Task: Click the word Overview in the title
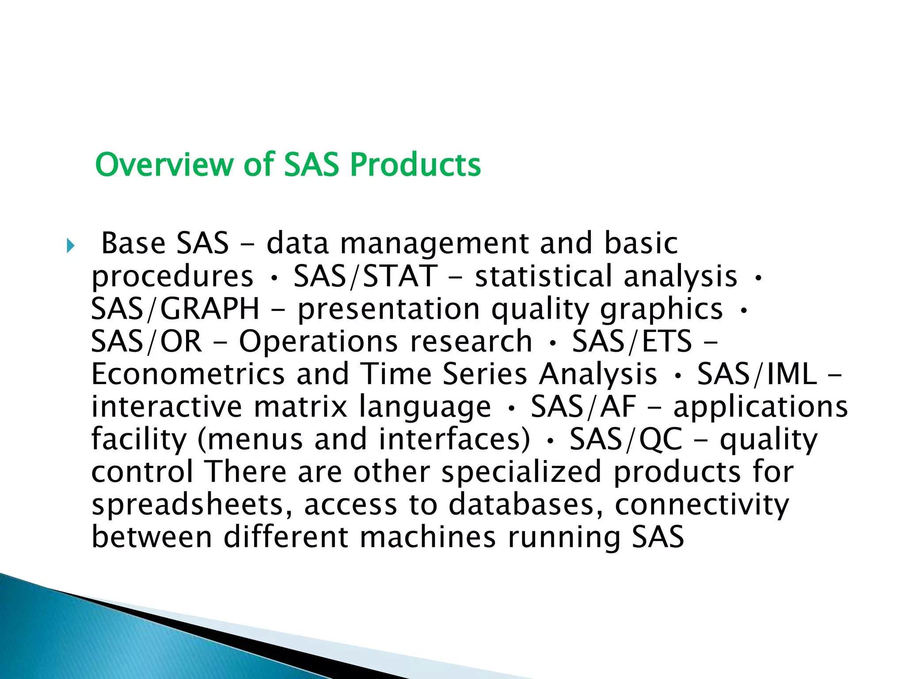pos(164,164)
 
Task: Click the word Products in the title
pos(415,164)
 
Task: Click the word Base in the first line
pos(133,243)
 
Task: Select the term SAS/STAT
pos(365,276)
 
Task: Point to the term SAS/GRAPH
pos(175,309)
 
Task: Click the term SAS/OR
pos(146,341)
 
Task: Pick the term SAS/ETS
pos(632,341)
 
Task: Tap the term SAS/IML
pos(757,374)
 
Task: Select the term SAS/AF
pos(583,407)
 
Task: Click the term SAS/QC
pos(626,439)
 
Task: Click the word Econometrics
pos(188,374)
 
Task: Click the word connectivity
pos(701,505)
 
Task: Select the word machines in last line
pos(428,538)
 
